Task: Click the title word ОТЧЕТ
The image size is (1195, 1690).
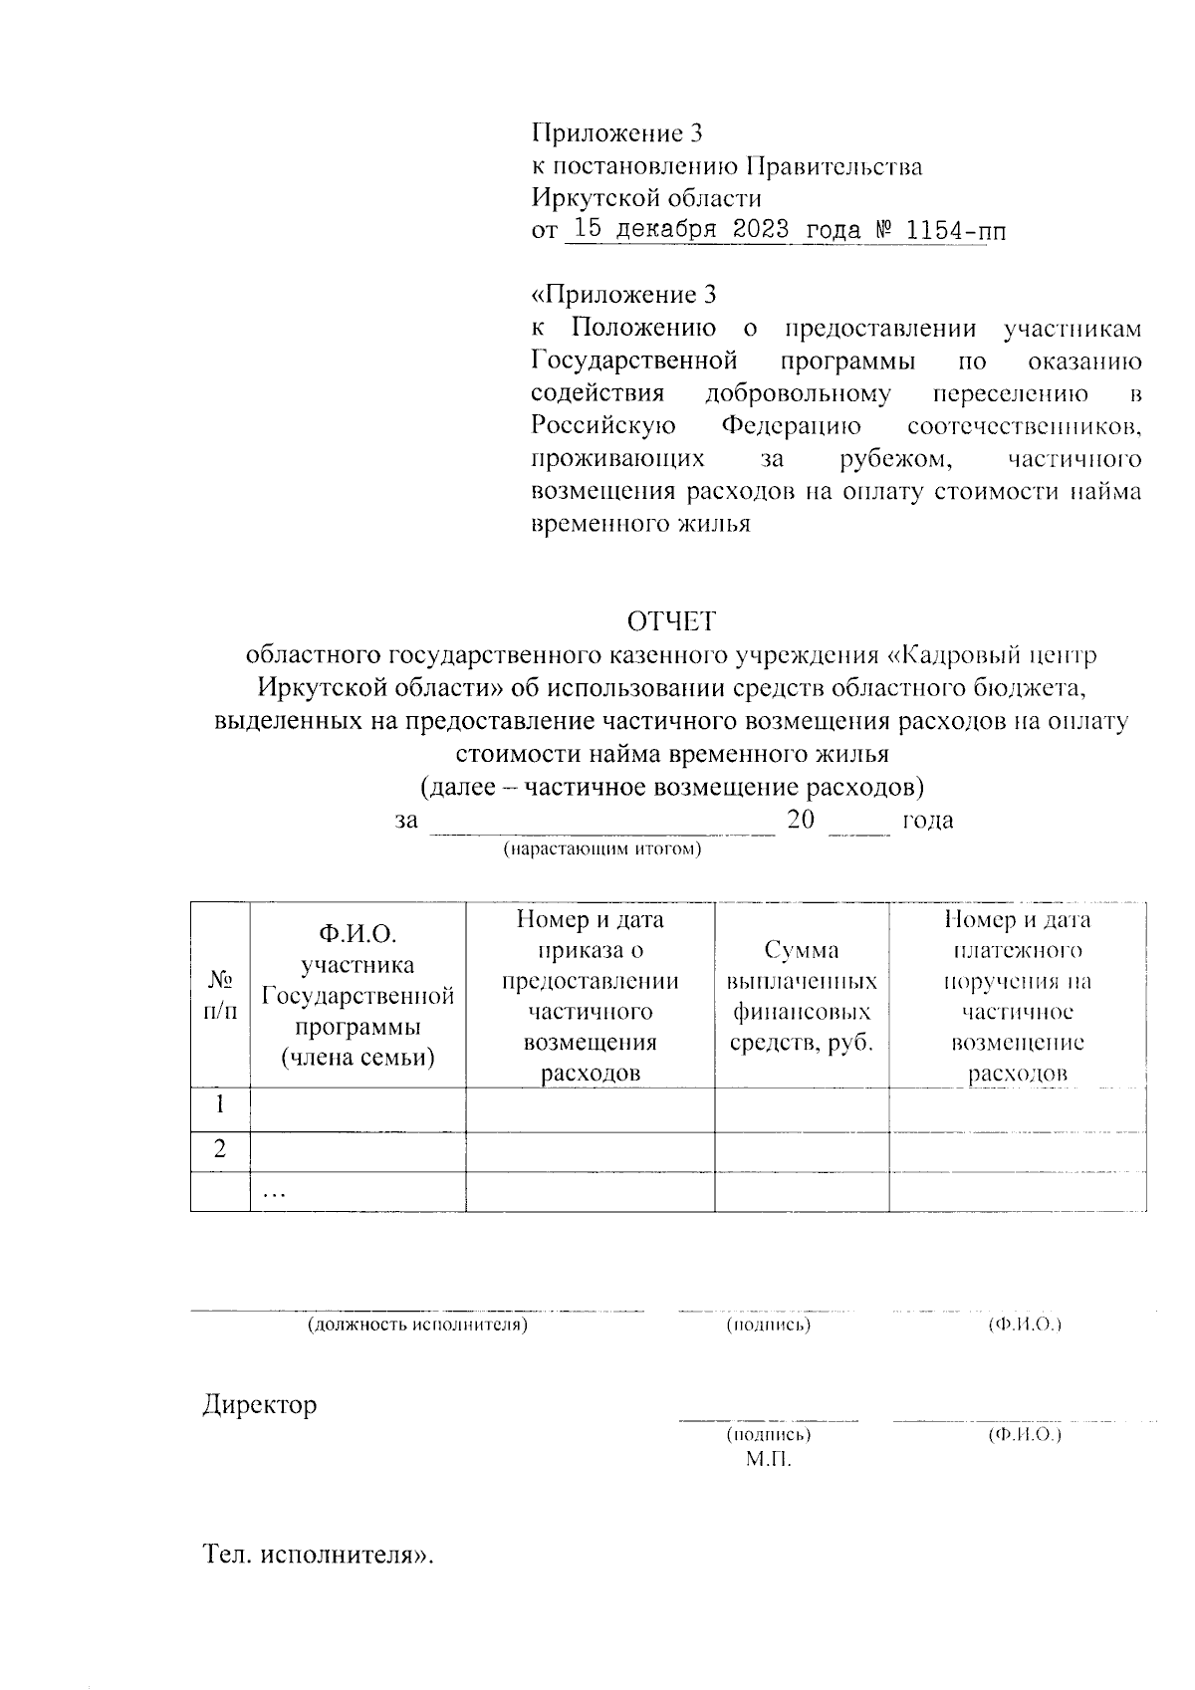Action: tap(670, 621)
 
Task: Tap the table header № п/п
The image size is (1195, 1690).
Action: tap(220, 996)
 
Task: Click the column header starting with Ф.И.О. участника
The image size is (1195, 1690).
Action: tap(358, 996)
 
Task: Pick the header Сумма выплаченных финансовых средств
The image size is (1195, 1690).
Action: tap(802, 996)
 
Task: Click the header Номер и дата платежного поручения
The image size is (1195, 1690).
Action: tap(1017, 996)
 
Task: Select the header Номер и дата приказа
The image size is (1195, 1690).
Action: tap(590, 996)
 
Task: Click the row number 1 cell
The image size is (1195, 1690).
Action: tap(220, 1105)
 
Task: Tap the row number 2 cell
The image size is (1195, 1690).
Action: tap(220, 1149)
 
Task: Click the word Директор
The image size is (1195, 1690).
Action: tap(260, 1405)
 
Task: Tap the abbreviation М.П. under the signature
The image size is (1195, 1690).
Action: tap(768, 1459)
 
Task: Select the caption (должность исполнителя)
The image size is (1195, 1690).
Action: tap(417, 1326)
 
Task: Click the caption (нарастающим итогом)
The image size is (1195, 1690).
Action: tap(602, 849)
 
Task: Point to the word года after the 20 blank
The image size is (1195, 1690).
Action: tap(927, 821)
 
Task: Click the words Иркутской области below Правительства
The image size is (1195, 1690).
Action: tap(646, 198)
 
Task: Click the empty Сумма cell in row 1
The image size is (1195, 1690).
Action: tap(802, 1107)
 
